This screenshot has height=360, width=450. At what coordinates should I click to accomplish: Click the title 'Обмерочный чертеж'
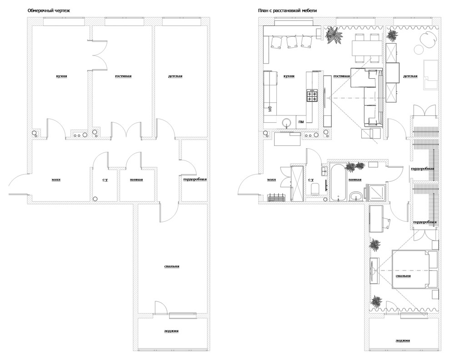pos(49,10)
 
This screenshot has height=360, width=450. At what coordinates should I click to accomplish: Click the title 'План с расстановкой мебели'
pos(287,10)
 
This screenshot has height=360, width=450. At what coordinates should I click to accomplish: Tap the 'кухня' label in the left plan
pos(62,76)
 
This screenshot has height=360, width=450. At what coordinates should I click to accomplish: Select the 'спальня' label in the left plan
pos(172,266)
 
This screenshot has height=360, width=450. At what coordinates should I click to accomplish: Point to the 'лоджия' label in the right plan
pos(403,341)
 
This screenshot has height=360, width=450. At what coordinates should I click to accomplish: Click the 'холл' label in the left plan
pos(56,180)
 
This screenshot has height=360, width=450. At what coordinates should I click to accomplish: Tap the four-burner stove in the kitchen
pos(312,95)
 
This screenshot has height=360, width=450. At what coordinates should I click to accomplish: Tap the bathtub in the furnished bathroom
pos(338,182)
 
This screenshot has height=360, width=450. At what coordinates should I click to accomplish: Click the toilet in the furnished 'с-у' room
pos(315,189)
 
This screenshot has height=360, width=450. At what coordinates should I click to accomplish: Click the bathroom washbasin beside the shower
pos(357,196)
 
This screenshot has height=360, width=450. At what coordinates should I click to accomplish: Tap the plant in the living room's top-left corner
pos(334,35)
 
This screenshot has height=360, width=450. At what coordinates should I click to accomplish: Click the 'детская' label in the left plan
pos(175,76)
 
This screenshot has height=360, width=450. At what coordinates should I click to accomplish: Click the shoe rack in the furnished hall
pos(276,198)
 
